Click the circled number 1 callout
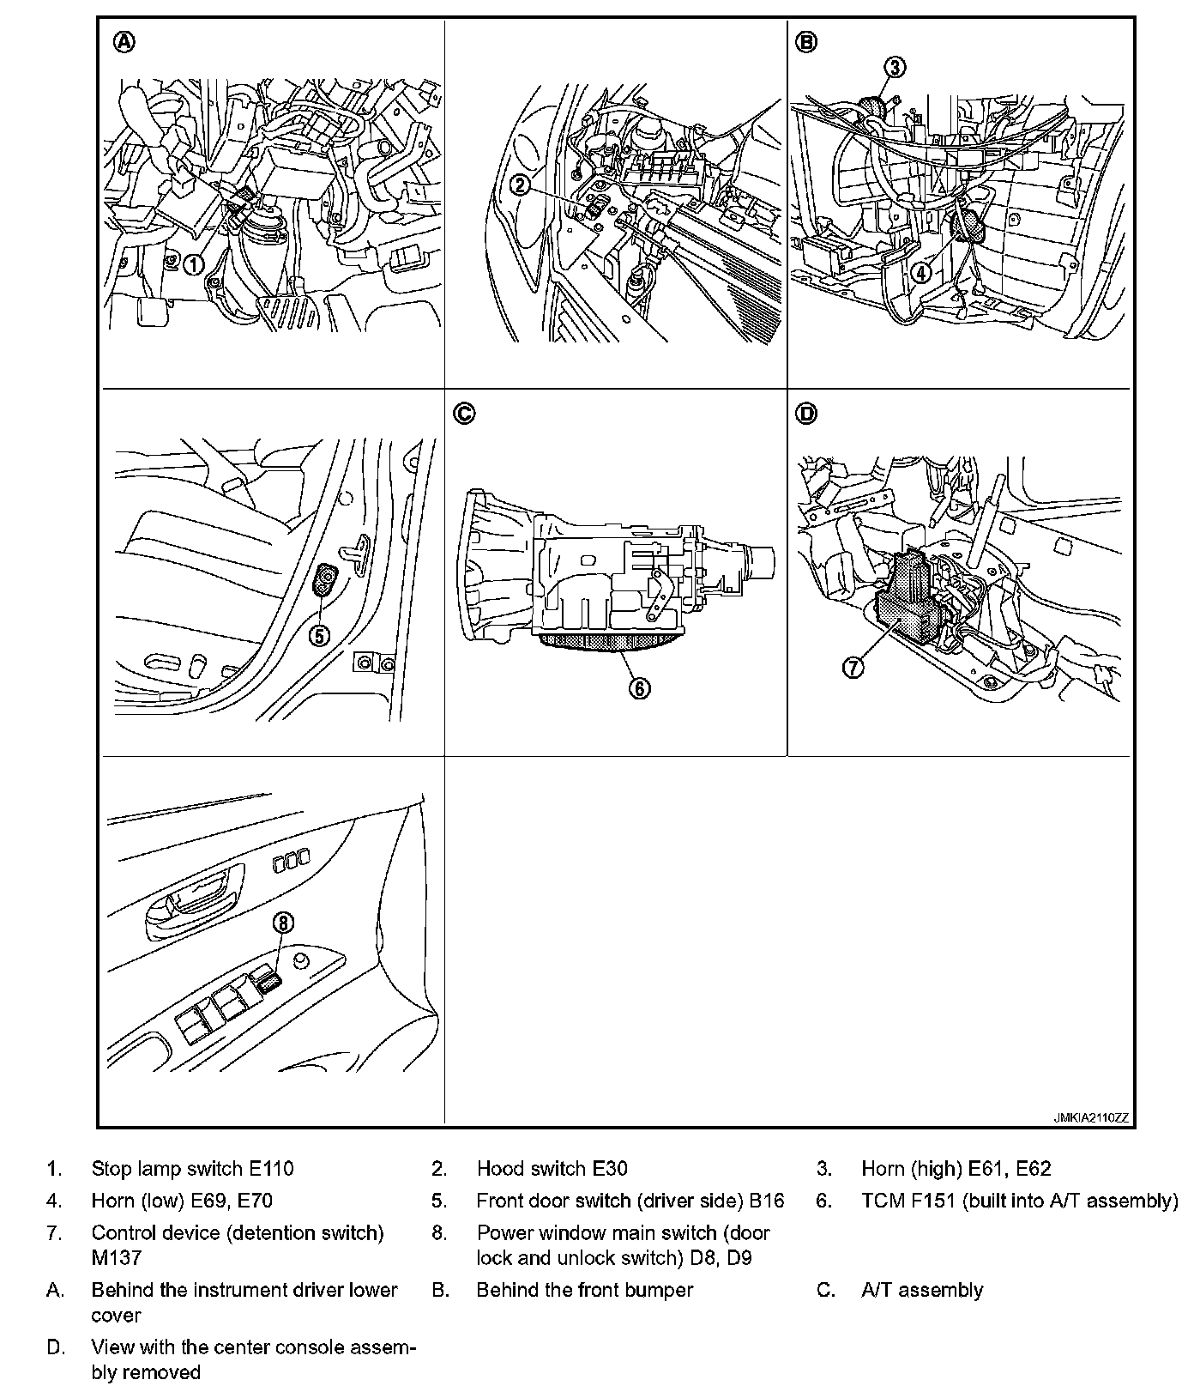195,264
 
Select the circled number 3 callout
894,67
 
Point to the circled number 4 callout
920,273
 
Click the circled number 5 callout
319,636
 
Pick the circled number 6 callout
640,687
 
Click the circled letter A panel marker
124,42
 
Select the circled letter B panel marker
806,42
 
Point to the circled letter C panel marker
463,414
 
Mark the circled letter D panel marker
806,414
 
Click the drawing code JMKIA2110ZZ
1091,1118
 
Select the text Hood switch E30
552,1168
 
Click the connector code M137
116,1258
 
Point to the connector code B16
767,1201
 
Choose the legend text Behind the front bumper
584,1290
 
